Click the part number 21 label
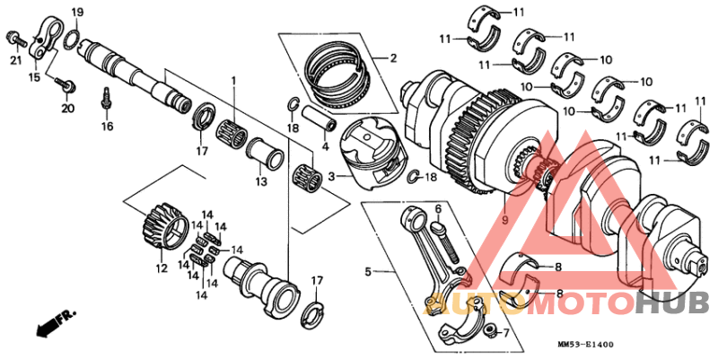pyautogui.click(x=14, y=60)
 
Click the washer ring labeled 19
pyautogui.click(x=75, y=37)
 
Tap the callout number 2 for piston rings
pyautogui.click(x=391, y=59)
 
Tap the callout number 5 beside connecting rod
pyautogui.click(x=367, y=270)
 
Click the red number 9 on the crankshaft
pyautogui.click(x=504, y=219)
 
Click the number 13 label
pyautogui.click(x=260, y=182)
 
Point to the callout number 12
pyautogui.click(x=162, y=268)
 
